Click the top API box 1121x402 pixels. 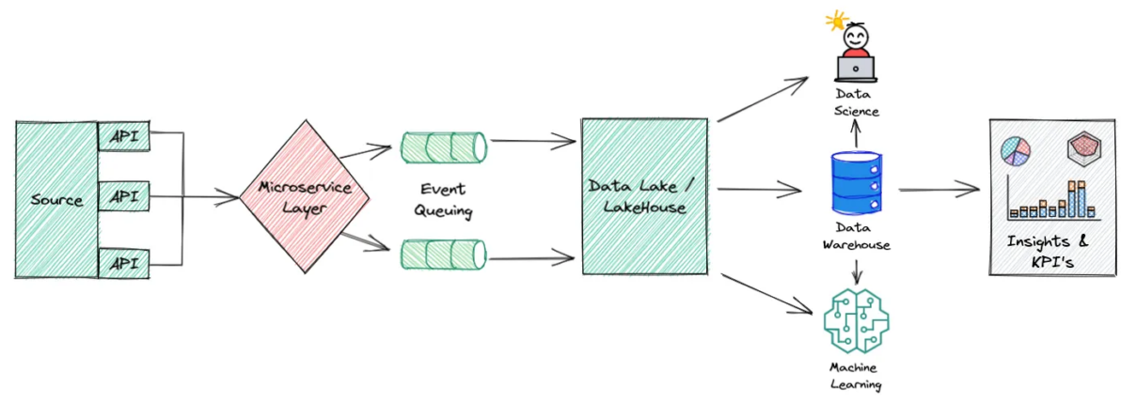[123, 136]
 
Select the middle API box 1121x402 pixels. [123, 198]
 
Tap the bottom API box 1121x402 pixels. [123, 264]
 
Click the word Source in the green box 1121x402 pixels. [56, 200]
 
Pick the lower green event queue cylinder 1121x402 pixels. [444, 254]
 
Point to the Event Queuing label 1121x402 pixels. [442, 199]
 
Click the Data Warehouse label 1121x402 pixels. [856, 237]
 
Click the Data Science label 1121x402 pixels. [856, 103]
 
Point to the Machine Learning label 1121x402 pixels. [856, 375]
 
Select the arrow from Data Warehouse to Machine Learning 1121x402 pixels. [856, 271]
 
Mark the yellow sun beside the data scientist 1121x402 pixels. [833, 20]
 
